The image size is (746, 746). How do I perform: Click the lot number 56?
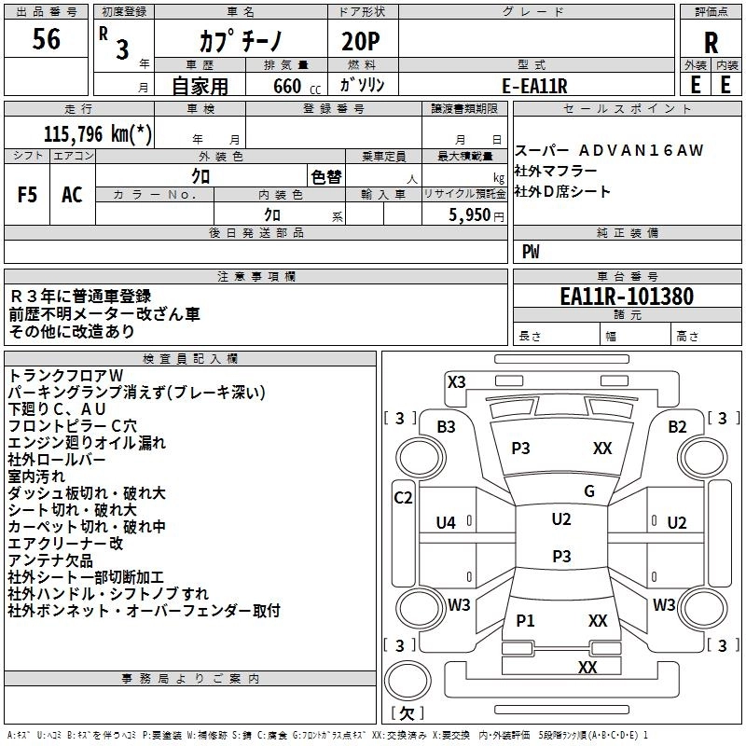46,40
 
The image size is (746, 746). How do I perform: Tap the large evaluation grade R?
711,42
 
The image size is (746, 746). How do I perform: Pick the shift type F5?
27,195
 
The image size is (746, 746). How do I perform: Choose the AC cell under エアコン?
72,195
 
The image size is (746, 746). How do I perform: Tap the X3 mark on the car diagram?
457,380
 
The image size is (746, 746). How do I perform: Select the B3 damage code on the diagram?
447,426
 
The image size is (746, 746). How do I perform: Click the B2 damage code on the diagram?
677,426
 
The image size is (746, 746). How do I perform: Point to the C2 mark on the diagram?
403,497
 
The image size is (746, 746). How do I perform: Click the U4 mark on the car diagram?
446,523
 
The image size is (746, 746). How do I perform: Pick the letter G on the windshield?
588,490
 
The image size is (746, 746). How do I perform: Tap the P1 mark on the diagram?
525,620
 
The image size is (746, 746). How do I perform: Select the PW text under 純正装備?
531,252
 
